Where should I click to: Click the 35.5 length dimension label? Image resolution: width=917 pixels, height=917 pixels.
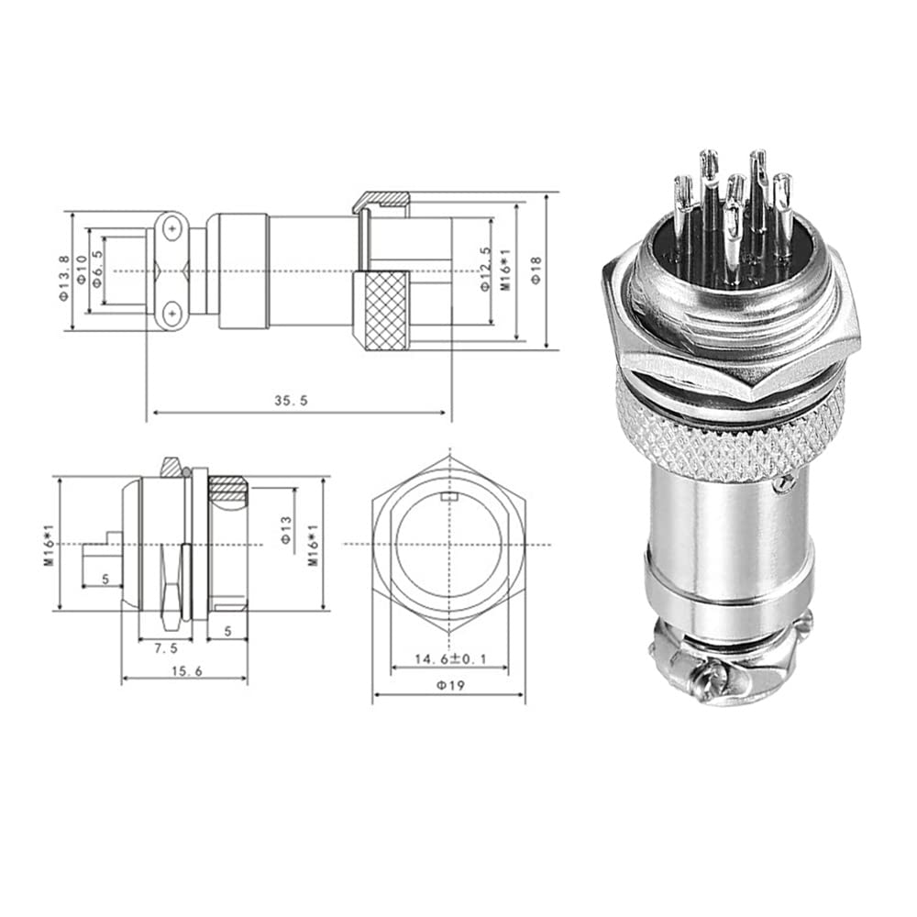291,401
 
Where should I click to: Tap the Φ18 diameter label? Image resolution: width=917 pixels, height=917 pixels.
536,270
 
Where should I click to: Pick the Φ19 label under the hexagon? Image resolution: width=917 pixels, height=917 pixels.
449,685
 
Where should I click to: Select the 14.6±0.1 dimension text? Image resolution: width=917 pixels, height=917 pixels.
450,659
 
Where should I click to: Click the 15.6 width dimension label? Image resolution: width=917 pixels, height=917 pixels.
186,671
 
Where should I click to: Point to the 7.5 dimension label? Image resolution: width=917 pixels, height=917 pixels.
165,648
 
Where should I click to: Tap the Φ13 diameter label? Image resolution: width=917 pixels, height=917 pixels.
286,530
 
